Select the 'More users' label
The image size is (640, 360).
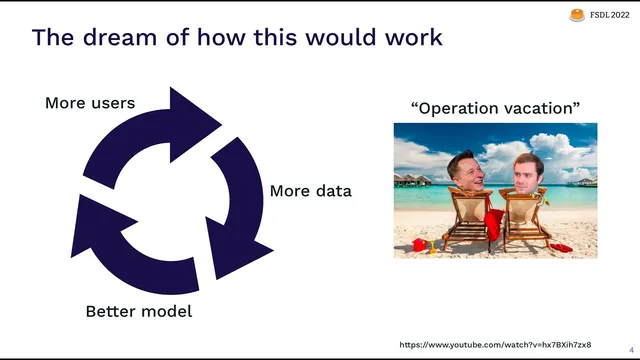(90, 102)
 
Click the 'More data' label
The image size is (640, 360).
(311, 190)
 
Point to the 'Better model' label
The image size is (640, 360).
(138, 311)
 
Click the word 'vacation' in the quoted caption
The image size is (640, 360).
(536, 108)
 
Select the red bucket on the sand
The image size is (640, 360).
(419, 244)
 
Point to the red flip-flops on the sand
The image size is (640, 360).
(562, 247)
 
